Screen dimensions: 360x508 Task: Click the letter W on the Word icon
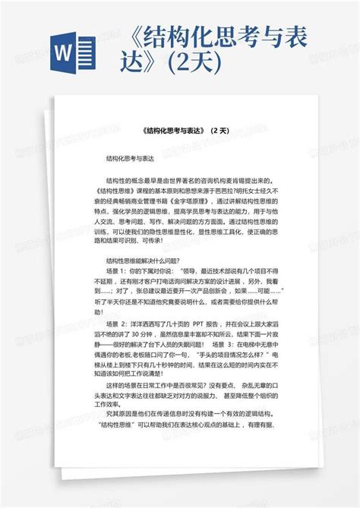tap(66, 58)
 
